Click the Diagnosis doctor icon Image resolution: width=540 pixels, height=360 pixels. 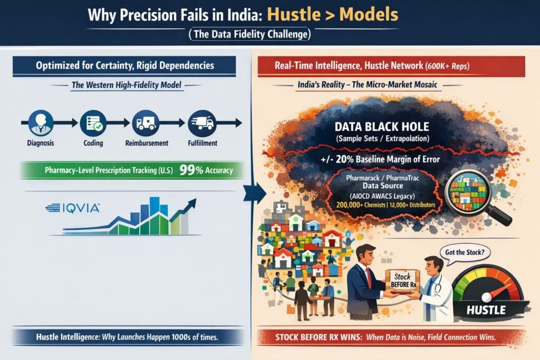point(41,123)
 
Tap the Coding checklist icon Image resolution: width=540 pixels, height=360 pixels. point(93,123)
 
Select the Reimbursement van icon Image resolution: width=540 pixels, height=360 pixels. point(146,123)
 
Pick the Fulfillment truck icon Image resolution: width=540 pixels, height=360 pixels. point(202,123)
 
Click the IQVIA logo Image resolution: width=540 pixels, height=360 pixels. point(73,208)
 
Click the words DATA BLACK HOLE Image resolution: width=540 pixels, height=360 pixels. point(382,127)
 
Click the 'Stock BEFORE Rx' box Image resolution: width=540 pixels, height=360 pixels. point(403,281)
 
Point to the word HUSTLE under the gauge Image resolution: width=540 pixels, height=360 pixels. point(486,310)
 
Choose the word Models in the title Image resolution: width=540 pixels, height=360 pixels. point(369,14)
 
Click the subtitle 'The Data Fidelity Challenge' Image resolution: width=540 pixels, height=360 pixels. point(250,34)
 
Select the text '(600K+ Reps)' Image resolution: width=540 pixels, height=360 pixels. point(447,66)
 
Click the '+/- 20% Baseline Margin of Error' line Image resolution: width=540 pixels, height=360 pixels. point(380,159)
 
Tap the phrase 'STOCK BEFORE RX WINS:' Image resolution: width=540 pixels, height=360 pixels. point(319,337)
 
